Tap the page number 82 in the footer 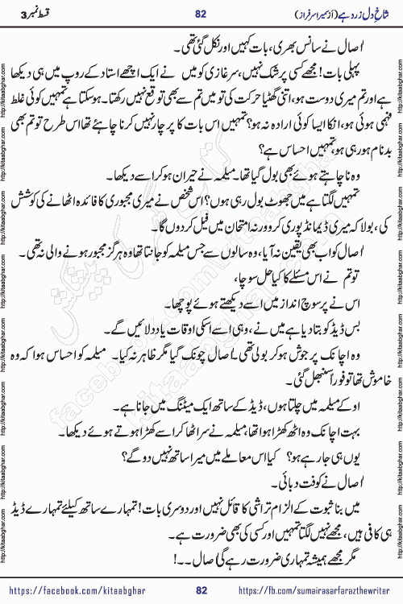click(x=201, y=590)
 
